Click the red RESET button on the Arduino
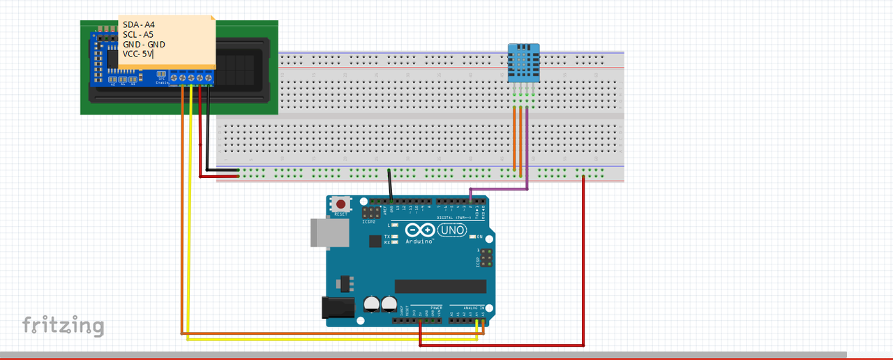point(340,204)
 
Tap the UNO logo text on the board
point(451,229)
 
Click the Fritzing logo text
point(63,326)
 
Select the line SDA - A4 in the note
point(139,24)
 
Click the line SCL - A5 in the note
point(139,34)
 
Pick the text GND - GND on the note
point(144,44)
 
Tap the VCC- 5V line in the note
point(137,54)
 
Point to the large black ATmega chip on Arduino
point(440,286)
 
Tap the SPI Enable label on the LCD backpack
point(162,81)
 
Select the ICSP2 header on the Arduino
point(371,211)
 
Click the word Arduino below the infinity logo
point(419,241)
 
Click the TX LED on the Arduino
point(394,237)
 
